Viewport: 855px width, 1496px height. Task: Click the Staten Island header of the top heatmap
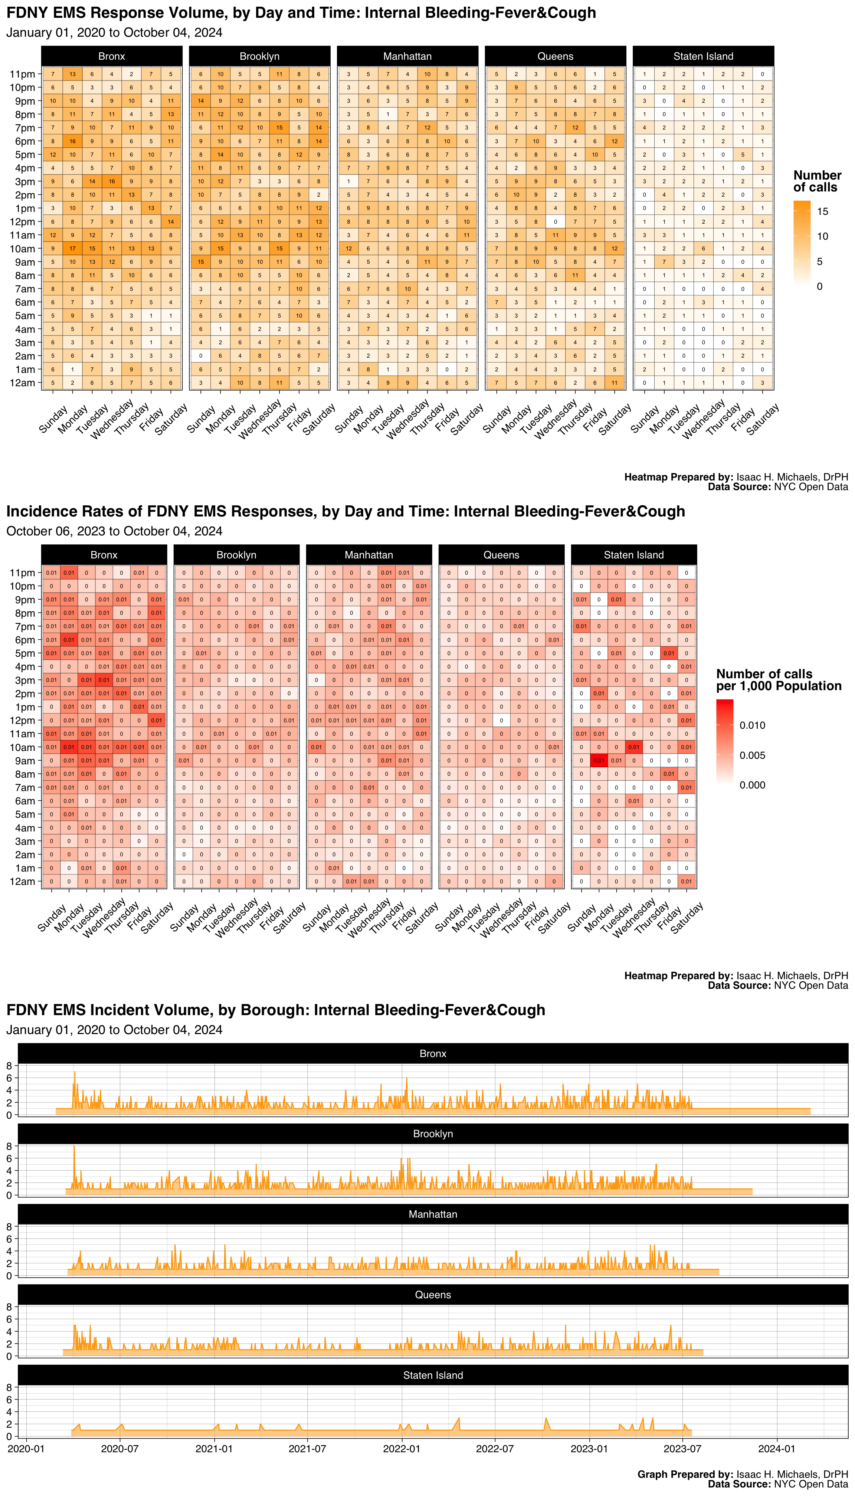coord(703,56)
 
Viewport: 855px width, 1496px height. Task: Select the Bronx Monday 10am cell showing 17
coord(72,248)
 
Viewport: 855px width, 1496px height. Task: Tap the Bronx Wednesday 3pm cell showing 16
coord(112,181)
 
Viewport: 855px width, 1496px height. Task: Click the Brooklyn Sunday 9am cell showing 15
coord(201,262)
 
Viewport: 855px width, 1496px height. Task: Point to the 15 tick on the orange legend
coord(823,212)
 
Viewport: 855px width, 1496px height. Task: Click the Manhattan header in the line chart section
coord(433,1214)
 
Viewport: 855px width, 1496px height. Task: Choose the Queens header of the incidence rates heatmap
coord(501,555)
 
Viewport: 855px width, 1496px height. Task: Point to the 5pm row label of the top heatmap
coord(24,155)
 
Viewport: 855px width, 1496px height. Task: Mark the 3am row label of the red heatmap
coord(24,841)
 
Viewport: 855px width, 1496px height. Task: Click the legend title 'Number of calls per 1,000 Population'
coord(778,680)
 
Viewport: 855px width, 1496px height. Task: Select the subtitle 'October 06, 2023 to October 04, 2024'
coord(114,531)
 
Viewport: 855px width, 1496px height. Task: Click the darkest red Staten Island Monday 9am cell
coord(598,761)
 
